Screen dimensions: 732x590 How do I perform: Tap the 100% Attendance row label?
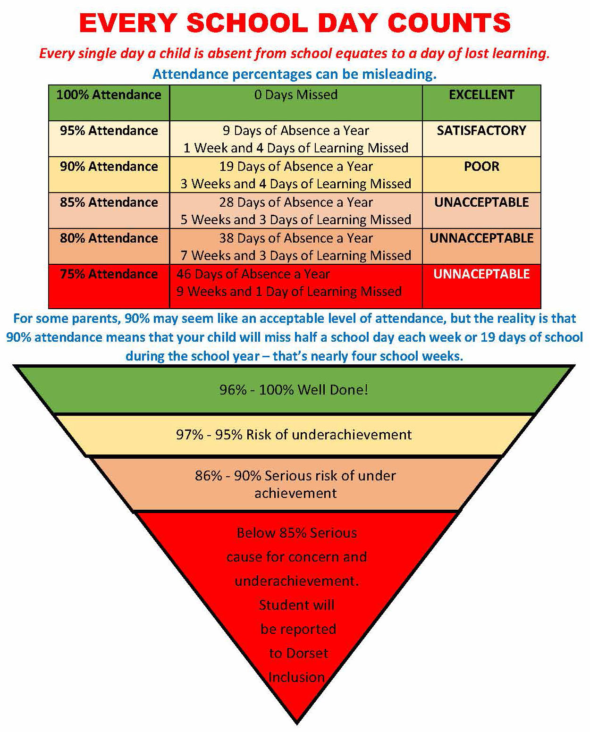109,95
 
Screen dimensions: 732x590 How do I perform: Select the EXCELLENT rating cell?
481,95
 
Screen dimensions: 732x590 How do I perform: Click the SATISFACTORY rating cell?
481,131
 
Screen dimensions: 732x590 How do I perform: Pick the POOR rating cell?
481,167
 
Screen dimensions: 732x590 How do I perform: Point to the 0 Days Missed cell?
296,95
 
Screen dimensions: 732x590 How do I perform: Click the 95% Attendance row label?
109,131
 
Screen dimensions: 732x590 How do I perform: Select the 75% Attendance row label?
109,274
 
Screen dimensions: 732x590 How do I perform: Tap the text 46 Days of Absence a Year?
253,274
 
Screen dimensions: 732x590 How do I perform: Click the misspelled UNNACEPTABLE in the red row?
481,274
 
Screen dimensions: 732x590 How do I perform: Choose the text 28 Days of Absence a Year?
296,202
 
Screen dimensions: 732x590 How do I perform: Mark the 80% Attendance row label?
109,238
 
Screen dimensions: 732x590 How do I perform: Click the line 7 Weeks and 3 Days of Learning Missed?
296,256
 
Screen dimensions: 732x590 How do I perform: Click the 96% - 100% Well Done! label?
294,390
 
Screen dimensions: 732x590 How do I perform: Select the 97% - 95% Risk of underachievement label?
294,435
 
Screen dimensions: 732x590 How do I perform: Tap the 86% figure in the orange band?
208,476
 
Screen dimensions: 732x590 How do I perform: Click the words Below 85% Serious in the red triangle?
296,533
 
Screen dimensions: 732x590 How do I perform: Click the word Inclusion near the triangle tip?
296,678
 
